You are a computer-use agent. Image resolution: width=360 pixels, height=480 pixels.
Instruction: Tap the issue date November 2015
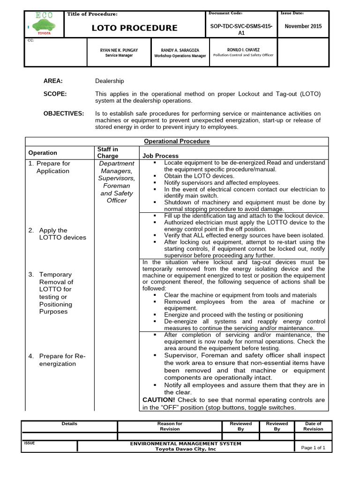pos(303,26)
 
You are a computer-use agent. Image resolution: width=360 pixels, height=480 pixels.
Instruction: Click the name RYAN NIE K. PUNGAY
pos(119,49)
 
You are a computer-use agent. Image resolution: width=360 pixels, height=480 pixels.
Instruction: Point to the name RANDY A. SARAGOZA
pos(180,49)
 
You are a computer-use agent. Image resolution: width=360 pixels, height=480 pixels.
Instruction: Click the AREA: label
pos(53,81)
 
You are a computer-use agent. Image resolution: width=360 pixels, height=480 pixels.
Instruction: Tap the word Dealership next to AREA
pos(109,81)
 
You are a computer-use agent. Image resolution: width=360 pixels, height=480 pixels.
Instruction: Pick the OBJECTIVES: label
pos(64,113)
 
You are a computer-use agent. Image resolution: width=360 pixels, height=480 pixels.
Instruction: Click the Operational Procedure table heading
pos(177,141)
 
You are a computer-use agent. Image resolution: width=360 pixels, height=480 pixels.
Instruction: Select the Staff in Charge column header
pos(108,152)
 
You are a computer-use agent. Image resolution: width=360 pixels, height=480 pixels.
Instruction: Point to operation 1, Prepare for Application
pos(53,167)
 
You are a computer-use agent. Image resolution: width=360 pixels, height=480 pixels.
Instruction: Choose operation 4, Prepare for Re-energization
pos(57,360)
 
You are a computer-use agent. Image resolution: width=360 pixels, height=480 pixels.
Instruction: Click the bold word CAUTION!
pos(159,400)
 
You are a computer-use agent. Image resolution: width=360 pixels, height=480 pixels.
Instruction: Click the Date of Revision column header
pos(313,426)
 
